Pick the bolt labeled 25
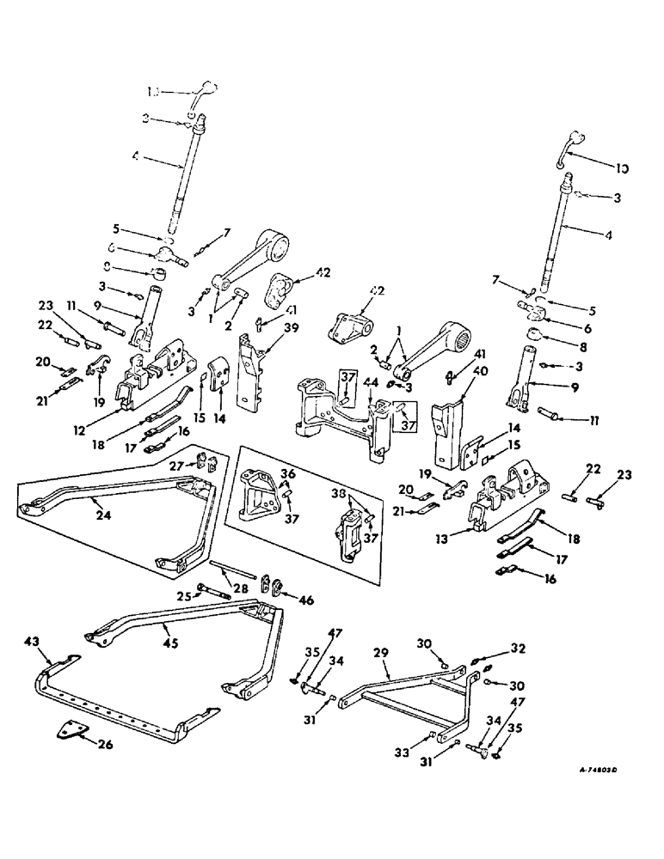point(212,592)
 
